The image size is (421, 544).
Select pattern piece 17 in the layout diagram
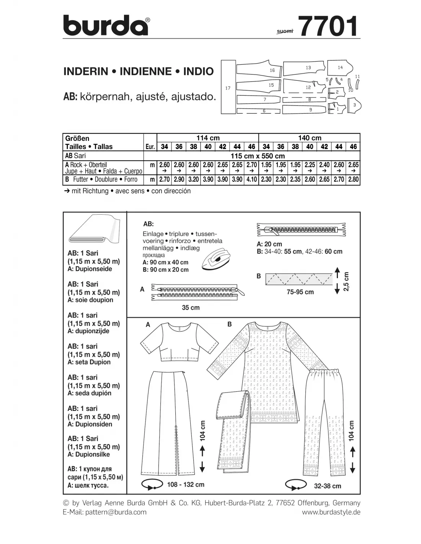[228, 87]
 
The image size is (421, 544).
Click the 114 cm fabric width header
[208, 138]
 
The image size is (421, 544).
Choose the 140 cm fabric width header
[310, 138]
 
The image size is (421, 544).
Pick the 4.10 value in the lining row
[251, 179]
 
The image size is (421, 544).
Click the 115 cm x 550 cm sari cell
[252, 156]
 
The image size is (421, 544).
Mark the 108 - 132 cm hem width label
[186, 485]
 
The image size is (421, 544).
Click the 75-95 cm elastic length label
[300, 292]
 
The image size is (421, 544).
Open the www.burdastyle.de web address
[331, 512]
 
